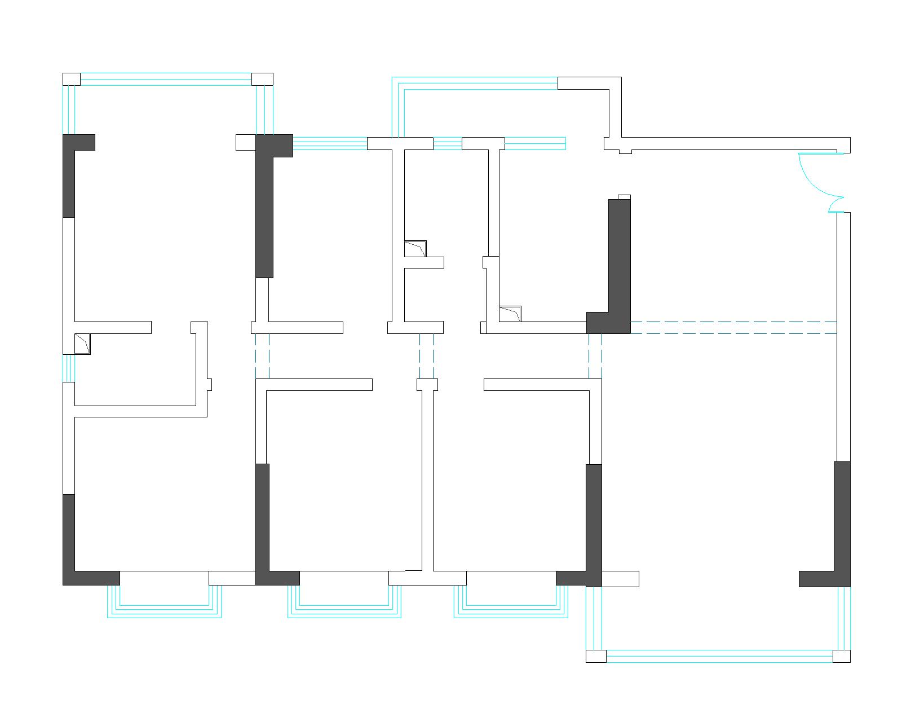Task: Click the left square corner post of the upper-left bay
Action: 71,79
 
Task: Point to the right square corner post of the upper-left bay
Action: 262,79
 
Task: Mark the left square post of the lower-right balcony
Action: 596,656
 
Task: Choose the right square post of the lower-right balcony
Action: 841,656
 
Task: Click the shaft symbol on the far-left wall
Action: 82,344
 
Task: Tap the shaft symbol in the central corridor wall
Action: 415,249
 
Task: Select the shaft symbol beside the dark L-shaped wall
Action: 510,314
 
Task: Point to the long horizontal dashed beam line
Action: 733,328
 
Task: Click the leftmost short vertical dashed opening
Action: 262,355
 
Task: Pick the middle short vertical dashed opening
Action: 426,355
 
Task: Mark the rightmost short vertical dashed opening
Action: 595,355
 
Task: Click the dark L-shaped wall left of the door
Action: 619,265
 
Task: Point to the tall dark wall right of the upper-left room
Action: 264,209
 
